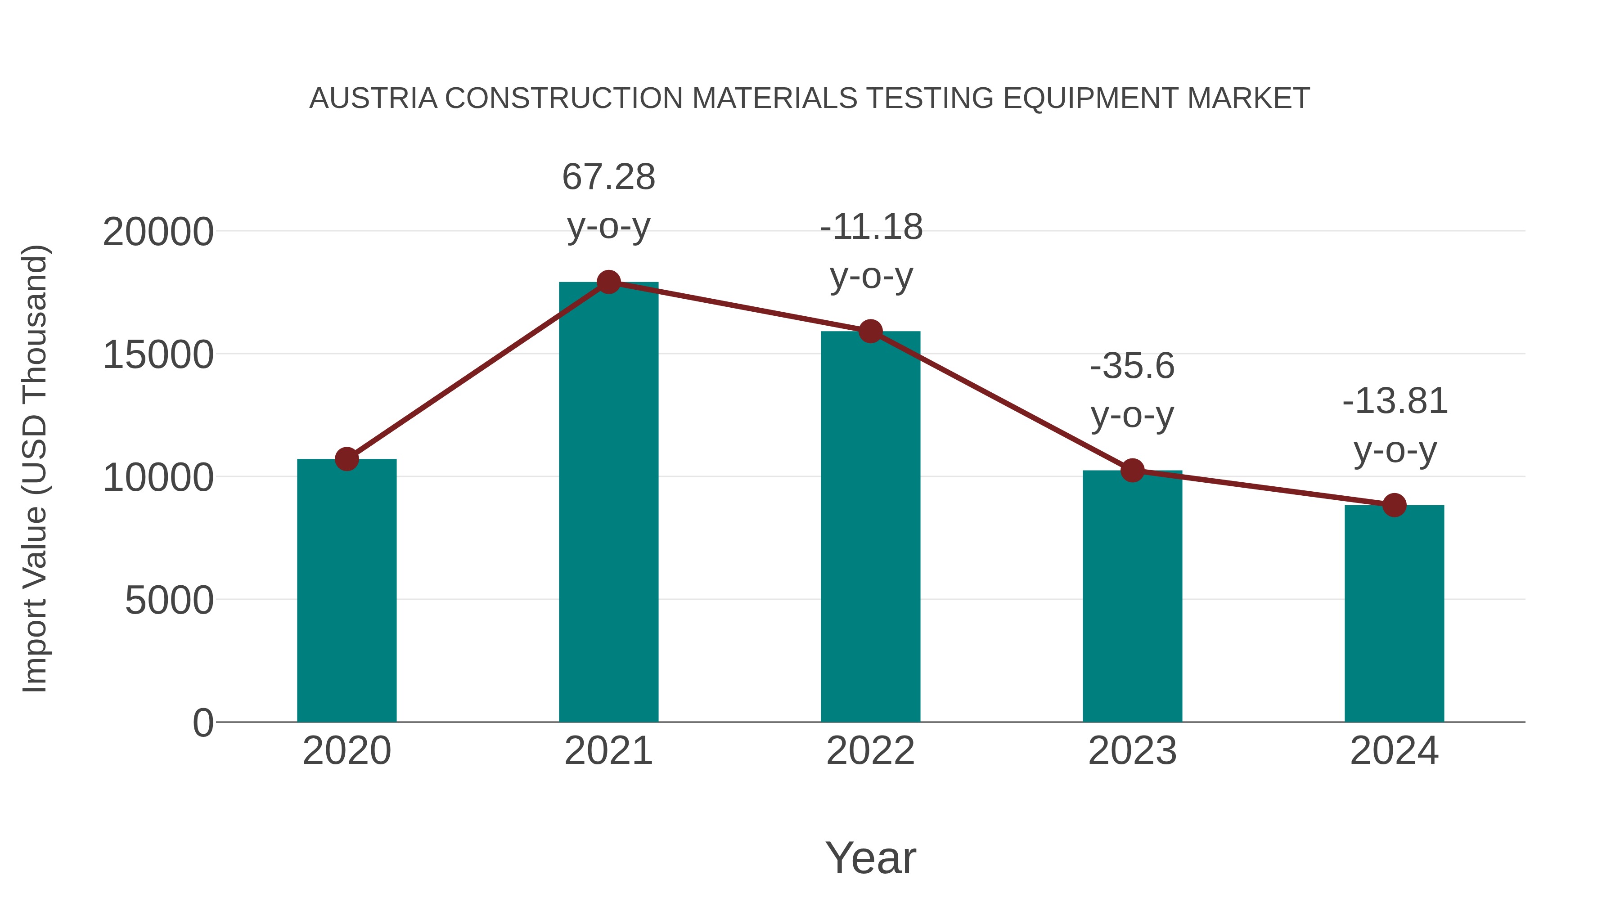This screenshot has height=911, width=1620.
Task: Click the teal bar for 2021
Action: [608, 503]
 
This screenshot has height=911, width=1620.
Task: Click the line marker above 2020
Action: [346, 459]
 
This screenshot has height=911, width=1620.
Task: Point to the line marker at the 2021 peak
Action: [608, 282]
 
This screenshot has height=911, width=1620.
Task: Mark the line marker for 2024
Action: [1394, 505]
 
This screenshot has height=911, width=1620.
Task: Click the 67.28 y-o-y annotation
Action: [608, 201]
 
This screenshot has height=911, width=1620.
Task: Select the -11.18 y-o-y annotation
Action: [871, 251]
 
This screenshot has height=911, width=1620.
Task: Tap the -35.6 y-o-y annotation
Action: [1132, 390]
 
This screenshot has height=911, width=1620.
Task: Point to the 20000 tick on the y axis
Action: [158, 232]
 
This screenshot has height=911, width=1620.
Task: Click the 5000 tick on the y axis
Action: [169, 601]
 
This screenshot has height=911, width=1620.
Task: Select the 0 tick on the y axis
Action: [202, 723]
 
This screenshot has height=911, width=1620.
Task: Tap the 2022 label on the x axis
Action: [870, 751]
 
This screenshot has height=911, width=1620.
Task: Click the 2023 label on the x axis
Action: [1132, 751]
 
